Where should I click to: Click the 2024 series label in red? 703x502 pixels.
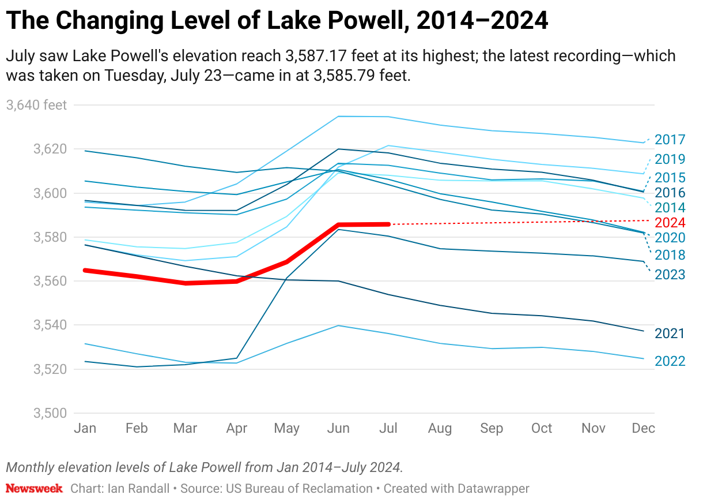point(670,223)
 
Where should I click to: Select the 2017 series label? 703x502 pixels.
point(670,140)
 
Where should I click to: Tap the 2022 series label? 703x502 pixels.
point(670,361)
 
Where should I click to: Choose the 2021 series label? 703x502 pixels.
point(670,334)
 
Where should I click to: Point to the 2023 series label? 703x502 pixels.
point(670,275)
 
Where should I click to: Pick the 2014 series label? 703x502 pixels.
point(670,208)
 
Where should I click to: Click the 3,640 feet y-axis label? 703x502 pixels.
point(36,105)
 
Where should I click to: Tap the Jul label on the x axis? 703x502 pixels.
point(390,428)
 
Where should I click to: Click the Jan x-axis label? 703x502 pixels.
point(85,428)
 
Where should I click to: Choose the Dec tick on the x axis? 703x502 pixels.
point(643,428)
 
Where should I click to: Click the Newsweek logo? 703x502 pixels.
point(34,489)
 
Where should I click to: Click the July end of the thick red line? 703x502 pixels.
point(390,224)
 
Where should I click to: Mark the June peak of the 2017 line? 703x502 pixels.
point(339,117)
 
